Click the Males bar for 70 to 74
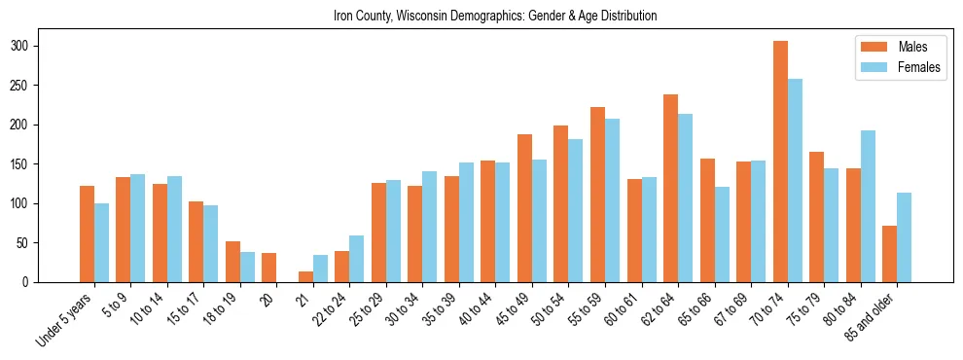780,162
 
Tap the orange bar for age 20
269,268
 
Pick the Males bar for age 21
305,276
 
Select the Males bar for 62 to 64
670,188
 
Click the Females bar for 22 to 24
357,259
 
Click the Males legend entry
891,47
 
